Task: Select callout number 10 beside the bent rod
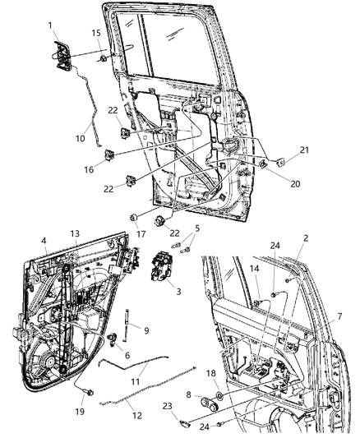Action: (80, 138)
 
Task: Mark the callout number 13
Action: (75, 256)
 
